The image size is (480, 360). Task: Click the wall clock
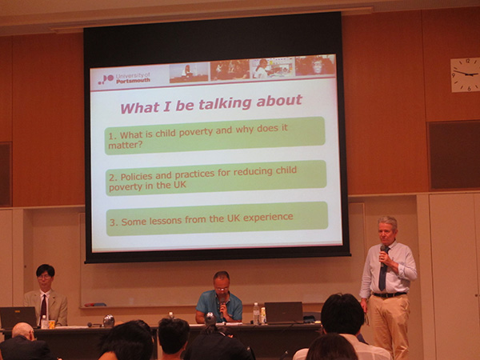tap(465, 74)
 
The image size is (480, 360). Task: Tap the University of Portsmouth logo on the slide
tap(124, 78)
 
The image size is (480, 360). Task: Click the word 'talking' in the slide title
tap(225, 104)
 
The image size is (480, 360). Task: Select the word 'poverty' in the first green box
tap(196, 131)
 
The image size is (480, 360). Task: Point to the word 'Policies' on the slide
tap(136, 176)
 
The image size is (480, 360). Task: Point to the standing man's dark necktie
tap(382, 271)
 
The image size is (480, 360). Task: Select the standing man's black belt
tap(390, 294)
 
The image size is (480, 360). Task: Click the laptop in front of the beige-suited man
tap(18, 318)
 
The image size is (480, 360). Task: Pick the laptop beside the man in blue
tap(283, 313)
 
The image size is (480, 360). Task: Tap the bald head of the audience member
tap(23, 330)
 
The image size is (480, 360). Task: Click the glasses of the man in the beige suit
tap(44, 277)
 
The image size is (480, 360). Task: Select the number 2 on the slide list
tap(113, 178)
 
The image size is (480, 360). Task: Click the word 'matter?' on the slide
tap(126, 145)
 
